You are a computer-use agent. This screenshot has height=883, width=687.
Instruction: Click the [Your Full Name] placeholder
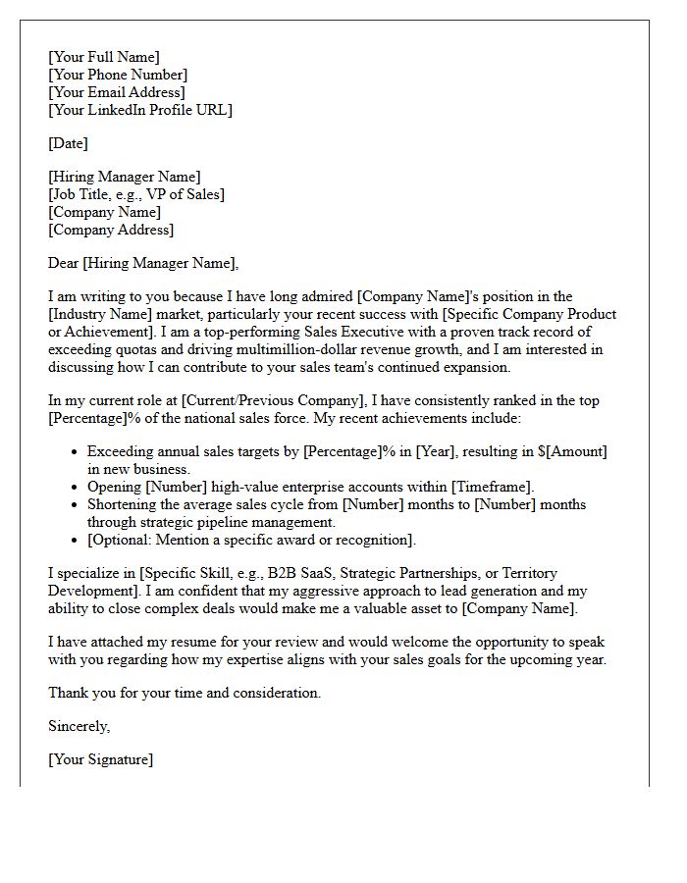click(x=103, y=57)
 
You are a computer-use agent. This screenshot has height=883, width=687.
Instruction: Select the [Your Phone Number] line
click(x=117, y=75)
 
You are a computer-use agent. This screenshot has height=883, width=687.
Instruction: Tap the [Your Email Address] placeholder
click(x=116, y=92)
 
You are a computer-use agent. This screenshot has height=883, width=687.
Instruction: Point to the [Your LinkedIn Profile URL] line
click(x=139, y=110)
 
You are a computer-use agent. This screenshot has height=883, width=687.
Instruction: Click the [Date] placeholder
click(x=68, y=143)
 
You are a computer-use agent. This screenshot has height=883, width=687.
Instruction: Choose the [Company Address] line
click(x=111, y=230)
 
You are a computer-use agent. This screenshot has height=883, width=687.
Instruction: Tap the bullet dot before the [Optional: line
click(x=75, y=541)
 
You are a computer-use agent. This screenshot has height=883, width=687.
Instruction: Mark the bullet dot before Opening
click(x=75, y=488)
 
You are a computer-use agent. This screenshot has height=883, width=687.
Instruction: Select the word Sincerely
click(x=79, y=726)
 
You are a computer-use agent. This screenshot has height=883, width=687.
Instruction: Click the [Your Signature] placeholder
click(x=100, y=759)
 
